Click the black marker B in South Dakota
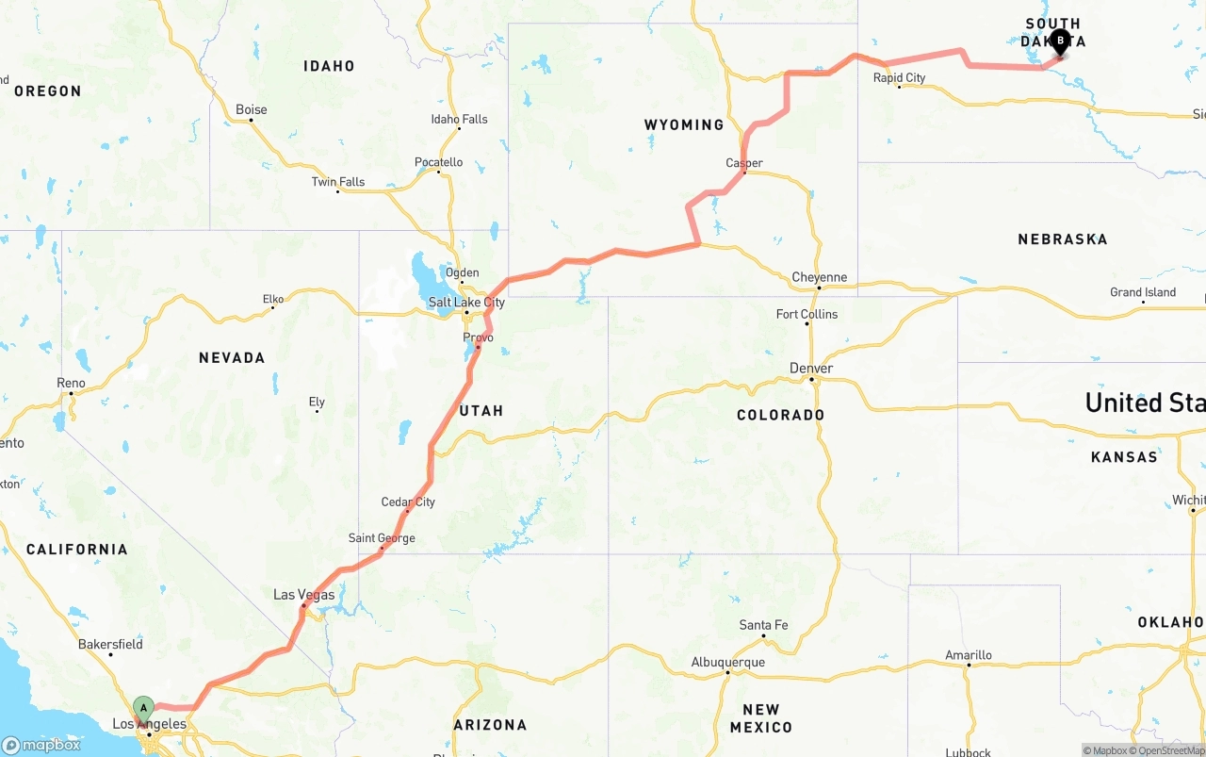coord(1060,41)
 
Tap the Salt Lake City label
coord(466,303)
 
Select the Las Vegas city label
coord(303,595)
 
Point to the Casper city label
coord(744,163)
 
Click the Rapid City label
coord(899,78)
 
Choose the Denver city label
coord(811,369)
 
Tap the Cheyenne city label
coord(819,278)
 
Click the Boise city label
coord(251,110)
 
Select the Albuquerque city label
coord(727,663)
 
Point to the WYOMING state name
coord(684,125)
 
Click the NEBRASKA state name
coord(1062,239)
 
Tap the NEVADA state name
coord(232,358)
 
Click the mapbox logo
coord(41,745)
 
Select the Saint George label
coord(382,538)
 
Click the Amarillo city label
coord(969,655)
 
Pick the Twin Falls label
coord(338,182)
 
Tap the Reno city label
coord(71,383)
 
